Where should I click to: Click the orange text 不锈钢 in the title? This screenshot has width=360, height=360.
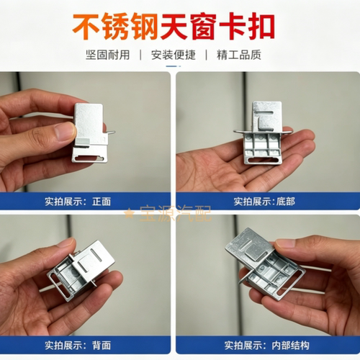(115, 27)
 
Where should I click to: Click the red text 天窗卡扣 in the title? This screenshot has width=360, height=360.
(217, 27)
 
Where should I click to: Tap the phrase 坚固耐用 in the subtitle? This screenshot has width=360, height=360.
(107, 55)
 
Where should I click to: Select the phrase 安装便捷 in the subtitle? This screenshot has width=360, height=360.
(174, 55)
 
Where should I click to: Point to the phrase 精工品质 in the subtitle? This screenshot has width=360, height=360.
(239, 55)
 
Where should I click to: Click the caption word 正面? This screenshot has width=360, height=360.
(102, 202)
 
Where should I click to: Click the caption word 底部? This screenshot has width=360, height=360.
(286, 202)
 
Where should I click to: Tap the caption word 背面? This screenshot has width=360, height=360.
(102, 346)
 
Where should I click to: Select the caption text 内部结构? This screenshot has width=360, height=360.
(290, 346)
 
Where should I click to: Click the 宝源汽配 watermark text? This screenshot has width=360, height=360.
(176, 213)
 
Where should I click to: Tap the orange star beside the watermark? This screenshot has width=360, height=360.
(130, 213)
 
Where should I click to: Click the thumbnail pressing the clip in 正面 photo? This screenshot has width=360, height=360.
(65, 132)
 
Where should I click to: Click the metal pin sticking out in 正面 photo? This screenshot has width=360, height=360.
(109, 132)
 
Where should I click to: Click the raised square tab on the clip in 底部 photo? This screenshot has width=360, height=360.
(266, 123)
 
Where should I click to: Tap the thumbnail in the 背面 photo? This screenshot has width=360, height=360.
(66, 244)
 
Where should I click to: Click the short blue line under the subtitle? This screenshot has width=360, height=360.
(174, 66)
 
